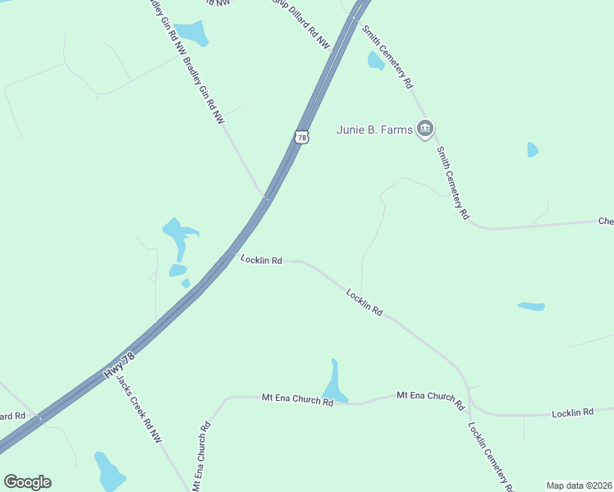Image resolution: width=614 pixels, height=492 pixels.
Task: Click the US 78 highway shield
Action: [x=302, y=137]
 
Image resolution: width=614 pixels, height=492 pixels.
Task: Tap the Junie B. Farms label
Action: [x=375, y=129]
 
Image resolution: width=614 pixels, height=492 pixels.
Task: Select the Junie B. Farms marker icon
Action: [x=424, y=128]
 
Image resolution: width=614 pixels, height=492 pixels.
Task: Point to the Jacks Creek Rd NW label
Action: [x=139, y=411]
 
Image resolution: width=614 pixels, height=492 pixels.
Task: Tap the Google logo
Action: [x=27, y=482]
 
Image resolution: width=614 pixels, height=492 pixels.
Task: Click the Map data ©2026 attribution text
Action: [x=579, y=485]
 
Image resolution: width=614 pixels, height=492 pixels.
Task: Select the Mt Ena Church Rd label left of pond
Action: [x=297, y=399]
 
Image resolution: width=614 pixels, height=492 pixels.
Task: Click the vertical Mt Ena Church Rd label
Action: [x=200, y=458]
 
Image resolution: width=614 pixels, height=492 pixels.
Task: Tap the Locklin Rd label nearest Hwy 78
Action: [x=261, y=260]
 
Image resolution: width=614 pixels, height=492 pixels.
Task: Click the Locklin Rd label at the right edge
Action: [x=572, y=412]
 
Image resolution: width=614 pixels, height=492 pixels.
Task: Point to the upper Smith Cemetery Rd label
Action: [x=388, y=57]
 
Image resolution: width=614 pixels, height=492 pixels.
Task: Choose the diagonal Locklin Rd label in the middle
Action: [x=364, y=302]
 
